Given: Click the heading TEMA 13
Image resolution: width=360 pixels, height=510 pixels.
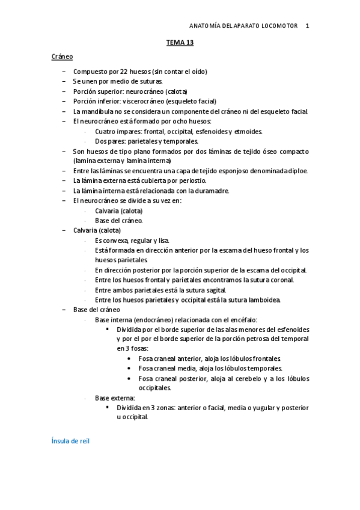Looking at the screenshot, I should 180,43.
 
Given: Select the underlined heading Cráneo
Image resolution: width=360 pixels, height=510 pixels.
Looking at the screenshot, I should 62,57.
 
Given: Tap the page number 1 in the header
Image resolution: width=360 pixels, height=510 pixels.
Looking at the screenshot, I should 307,26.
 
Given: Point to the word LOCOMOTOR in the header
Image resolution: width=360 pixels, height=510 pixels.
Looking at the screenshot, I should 278,26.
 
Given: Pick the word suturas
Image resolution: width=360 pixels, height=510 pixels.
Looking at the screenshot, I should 150,81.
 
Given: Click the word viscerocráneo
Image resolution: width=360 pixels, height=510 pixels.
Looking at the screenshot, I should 144,101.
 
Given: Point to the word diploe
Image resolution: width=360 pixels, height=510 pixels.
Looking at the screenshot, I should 297,171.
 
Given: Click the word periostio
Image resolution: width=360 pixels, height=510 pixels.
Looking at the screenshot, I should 191,180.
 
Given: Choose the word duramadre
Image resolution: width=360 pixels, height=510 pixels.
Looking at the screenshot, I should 212,191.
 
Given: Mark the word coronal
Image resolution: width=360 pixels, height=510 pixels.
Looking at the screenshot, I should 281,280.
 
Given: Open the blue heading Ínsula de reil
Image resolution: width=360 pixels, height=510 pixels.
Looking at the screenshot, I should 71,441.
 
